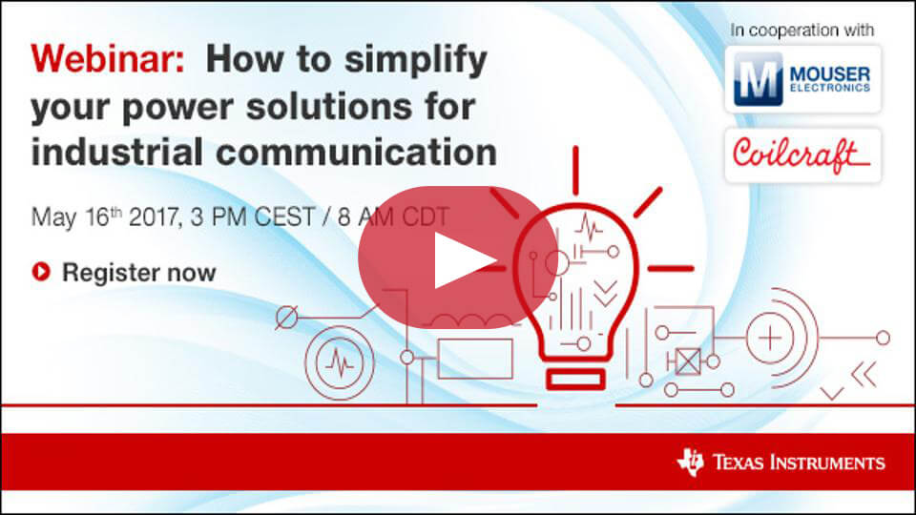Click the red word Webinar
pos(108,59)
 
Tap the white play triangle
pos(465,260)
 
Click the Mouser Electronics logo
pos(802,79)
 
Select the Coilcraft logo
pos(802,155)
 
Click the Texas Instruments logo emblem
pos(691,463)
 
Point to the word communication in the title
pos(356,152)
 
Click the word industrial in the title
pos(117,152)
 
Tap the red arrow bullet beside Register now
pos(41,272)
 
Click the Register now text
pos(139,272)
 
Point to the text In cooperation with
pos(802,30)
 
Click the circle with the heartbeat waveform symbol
pos(340,363)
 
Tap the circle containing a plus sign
pos(771,338)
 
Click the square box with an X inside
pos(688,361)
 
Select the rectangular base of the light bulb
pos(575,381)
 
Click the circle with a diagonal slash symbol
pos(286,318)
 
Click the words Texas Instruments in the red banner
pos(800,463)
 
